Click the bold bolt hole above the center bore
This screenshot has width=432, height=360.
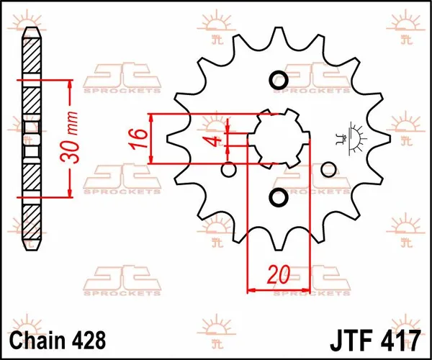(278, 79)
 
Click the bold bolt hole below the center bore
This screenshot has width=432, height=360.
(278, 197)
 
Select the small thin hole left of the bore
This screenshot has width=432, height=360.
(229, 170)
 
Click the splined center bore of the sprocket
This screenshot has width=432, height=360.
(278, 138)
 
